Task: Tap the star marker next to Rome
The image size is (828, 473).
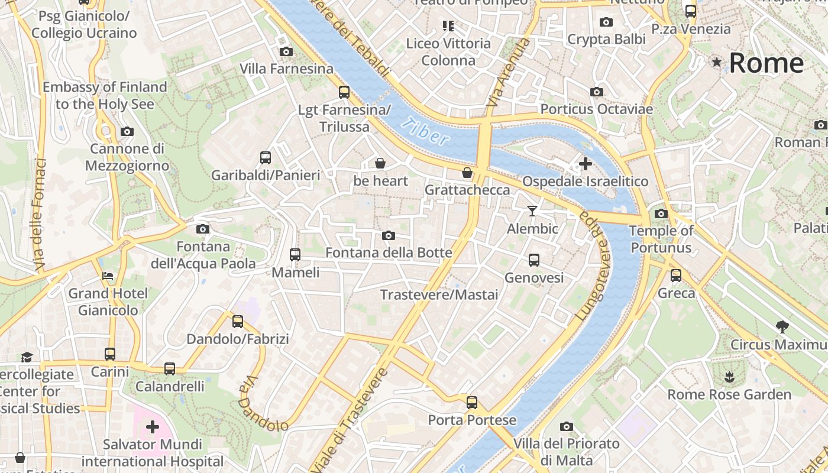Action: (x=717, y=62)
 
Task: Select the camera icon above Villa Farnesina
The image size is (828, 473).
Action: (x=286, y=52)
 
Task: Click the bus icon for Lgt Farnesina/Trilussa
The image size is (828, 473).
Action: (x=344, y=92)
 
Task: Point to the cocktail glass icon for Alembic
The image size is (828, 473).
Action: (x=532, y=210)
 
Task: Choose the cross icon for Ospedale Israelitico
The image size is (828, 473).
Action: (x=586, y=164)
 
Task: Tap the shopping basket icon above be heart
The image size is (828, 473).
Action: (x=380, y=163)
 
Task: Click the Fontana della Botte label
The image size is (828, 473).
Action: (x=389, y=252)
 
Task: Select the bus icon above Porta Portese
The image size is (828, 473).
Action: (x=471, y=403)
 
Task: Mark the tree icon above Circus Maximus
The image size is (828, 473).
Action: (x=782, y=326)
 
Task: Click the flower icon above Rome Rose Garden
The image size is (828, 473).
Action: (x=729, y=376)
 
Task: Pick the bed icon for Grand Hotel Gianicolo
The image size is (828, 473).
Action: (x=108, y=276)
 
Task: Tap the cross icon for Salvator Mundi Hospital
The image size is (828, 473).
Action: (x=153, y=426)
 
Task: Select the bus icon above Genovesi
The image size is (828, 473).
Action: (x=533, y=260)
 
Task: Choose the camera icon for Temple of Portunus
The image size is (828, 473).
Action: (x=661, y=213)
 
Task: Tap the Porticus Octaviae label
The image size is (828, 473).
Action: (x=596, y=109)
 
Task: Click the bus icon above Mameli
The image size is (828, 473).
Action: (x=295, y=255)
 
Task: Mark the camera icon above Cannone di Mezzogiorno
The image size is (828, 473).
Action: (x=127, y=131)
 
